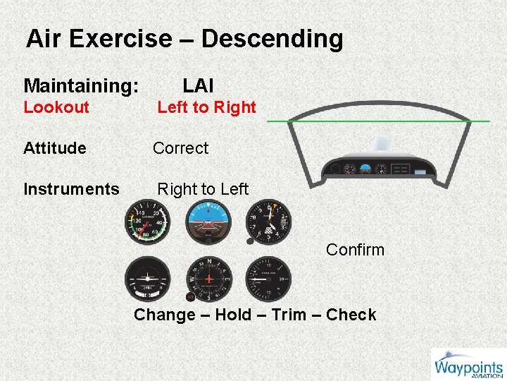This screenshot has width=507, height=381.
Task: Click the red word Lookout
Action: pos(56,107)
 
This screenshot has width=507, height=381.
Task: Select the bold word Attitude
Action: pos(55,148)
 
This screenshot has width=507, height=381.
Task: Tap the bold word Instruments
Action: pos(71,189)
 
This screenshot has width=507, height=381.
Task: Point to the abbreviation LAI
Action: pos(198,86)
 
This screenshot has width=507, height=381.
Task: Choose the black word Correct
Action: pos(180,148)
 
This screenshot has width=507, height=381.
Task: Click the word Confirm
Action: pos(355,250)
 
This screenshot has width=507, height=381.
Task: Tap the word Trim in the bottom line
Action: pos(288,315)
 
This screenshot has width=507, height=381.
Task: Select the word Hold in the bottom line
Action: pos(231,315)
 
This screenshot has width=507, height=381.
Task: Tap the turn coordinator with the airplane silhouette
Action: pos(146,278)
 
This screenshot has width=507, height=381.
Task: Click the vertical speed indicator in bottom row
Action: pos(268,278)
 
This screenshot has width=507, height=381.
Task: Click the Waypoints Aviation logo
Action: pos(468,366)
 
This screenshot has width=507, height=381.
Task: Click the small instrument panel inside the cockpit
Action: pos(377,168)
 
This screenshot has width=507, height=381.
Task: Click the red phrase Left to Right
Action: pos(206,107)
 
